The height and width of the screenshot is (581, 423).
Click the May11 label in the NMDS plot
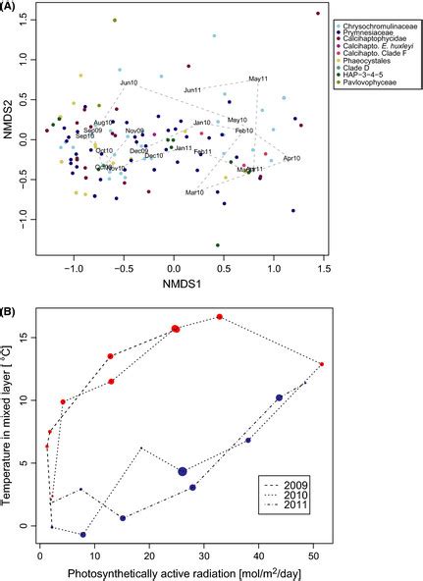(258, 79)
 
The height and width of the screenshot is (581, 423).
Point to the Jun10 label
(130, 83)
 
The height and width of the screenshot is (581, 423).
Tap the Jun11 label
(192, 90)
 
